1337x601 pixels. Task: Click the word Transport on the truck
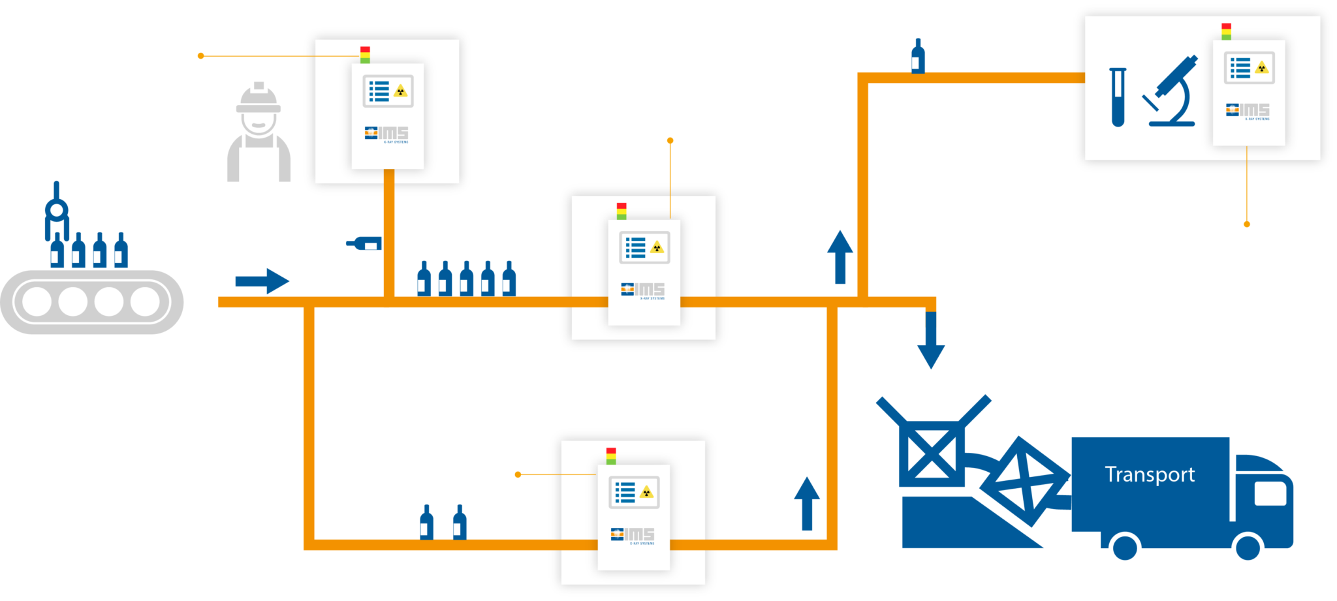(x=1150, y=474)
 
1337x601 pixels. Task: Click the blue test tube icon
(x=1118, y=97)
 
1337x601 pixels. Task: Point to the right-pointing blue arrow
(x=262, y=281)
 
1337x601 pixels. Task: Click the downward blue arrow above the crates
(x=931, y=339)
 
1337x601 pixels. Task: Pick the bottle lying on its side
(x=364, y=243)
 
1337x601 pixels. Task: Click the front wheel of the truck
(x=1248, y=547)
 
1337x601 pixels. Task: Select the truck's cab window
(x=1270, y=493)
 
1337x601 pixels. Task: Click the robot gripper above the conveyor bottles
(x=57, y=210)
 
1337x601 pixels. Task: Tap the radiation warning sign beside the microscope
(x=1262, y=68)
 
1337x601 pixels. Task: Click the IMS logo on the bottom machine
(x=633, y=535)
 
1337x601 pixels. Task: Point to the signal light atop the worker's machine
(x=365, y=55)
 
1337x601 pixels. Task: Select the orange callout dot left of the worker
(x=201, y=56)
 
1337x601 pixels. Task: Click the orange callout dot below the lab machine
(x=1247, y=224)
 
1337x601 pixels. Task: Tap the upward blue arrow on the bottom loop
(x=807, y=503)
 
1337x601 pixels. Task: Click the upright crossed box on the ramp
(x=932, y=453)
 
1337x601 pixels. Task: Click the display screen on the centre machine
(x=644, y=247)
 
